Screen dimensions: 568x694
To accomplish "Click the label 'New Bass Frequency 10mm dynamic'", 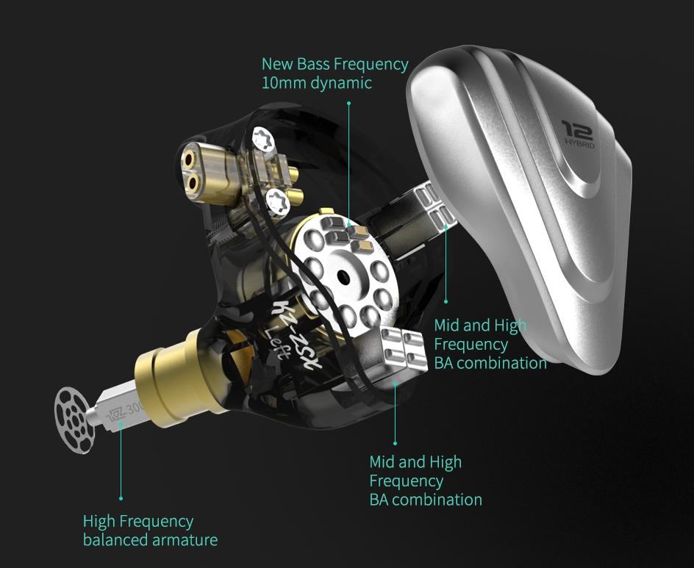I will pyautogui.click(x=335, y=73).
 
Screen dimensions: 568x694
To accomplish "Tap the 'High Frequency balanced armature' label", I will pyautogui.click(x=150, y=531).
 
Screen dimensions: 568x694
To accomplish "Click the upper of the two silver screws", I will pyautogui.click(x=263, y=137).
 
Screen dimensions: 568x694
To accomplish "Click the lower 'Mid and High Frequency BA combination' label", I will pyautogui.click(x=425, y=481).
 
